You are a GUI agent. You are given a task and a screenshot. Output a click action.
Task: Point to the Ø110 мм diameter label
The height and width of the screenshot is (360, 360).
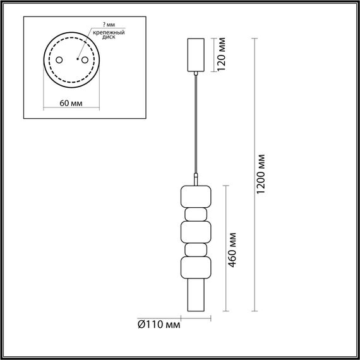pyautogui.click(x=159, y=325)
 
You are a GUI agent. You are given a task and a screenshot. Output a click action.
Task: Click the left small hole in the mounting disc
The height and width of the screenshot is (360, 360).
pyautogui.click(x=59, y=60)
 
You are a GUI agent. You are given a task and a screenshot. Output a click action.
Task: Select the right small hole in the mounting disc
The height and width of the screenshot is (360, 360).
pyautogui.click(x=81, y=60)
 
